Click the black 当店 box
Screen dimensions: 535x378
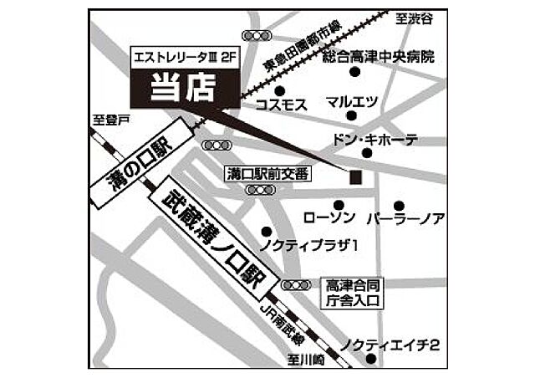pyautogui.click(x=183, y=87)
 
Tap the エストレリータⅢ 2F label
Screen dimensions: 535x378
pyautogui.click(x=183, y=58)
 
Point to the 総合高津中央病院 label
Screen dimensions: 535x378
pyautogui.click(x=379, y=58)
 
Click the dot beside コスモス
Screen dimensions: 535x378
pyautogui.click(x=279, y=90)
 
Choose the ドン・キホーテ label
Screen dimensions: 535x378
pyautogui.click(x=375, y=140)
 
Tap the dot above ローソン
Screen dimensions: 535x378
pyautogui.click(x=339, y=205)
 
